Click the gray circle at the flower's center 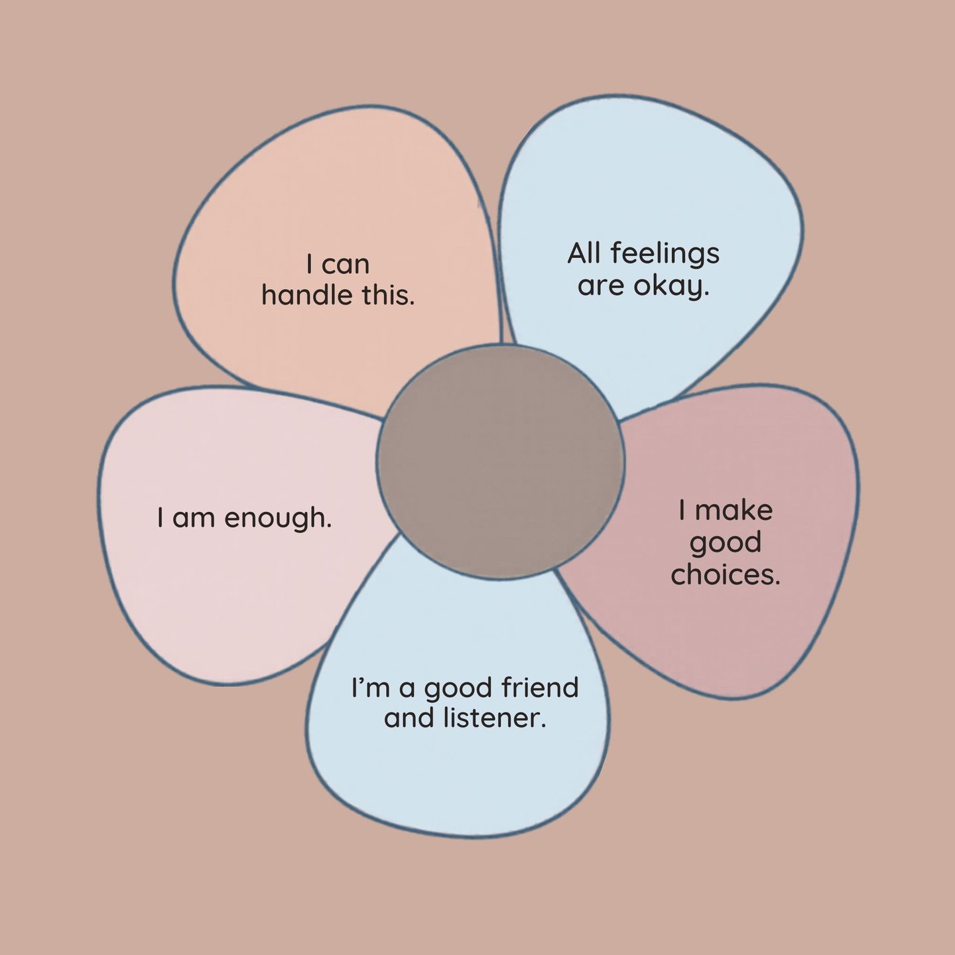point(500,461)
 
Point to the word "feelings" point(665,254)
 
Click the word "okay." point(671,286)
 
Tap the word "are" point(601,286)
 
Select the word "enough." point(277,518)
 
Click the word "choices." point(726,574)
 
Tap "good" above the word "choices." point(726,543)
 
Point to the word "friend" point(540,688)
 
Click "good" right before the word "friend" point(460,689)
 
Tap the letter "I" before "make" point(682,510)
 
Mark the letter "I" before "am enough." point(160,517)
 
